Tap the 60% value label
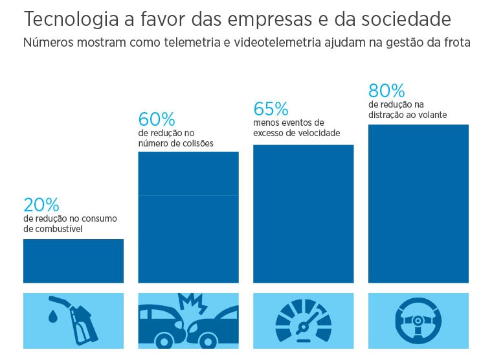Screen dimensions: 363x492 pos(157,120)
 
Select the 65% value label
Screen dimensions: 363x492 pos(271,108)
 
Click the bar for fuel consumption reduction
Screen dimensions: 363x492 pos(73,261)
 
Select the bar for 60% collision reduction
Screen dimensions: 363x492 pos(188,217)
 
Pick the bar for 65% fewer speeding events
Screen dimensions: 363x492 pos(303,214)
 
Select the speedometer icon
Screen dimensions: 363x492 pos(303,322)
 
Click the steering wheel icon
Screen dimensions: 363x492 pos(418,320)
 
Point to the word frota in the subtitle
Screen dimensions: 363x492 pos(455,43)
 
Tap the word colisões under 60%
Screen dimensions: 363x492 pos(196,143)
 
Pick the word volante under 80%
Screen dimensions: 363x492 pos(431,115)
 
